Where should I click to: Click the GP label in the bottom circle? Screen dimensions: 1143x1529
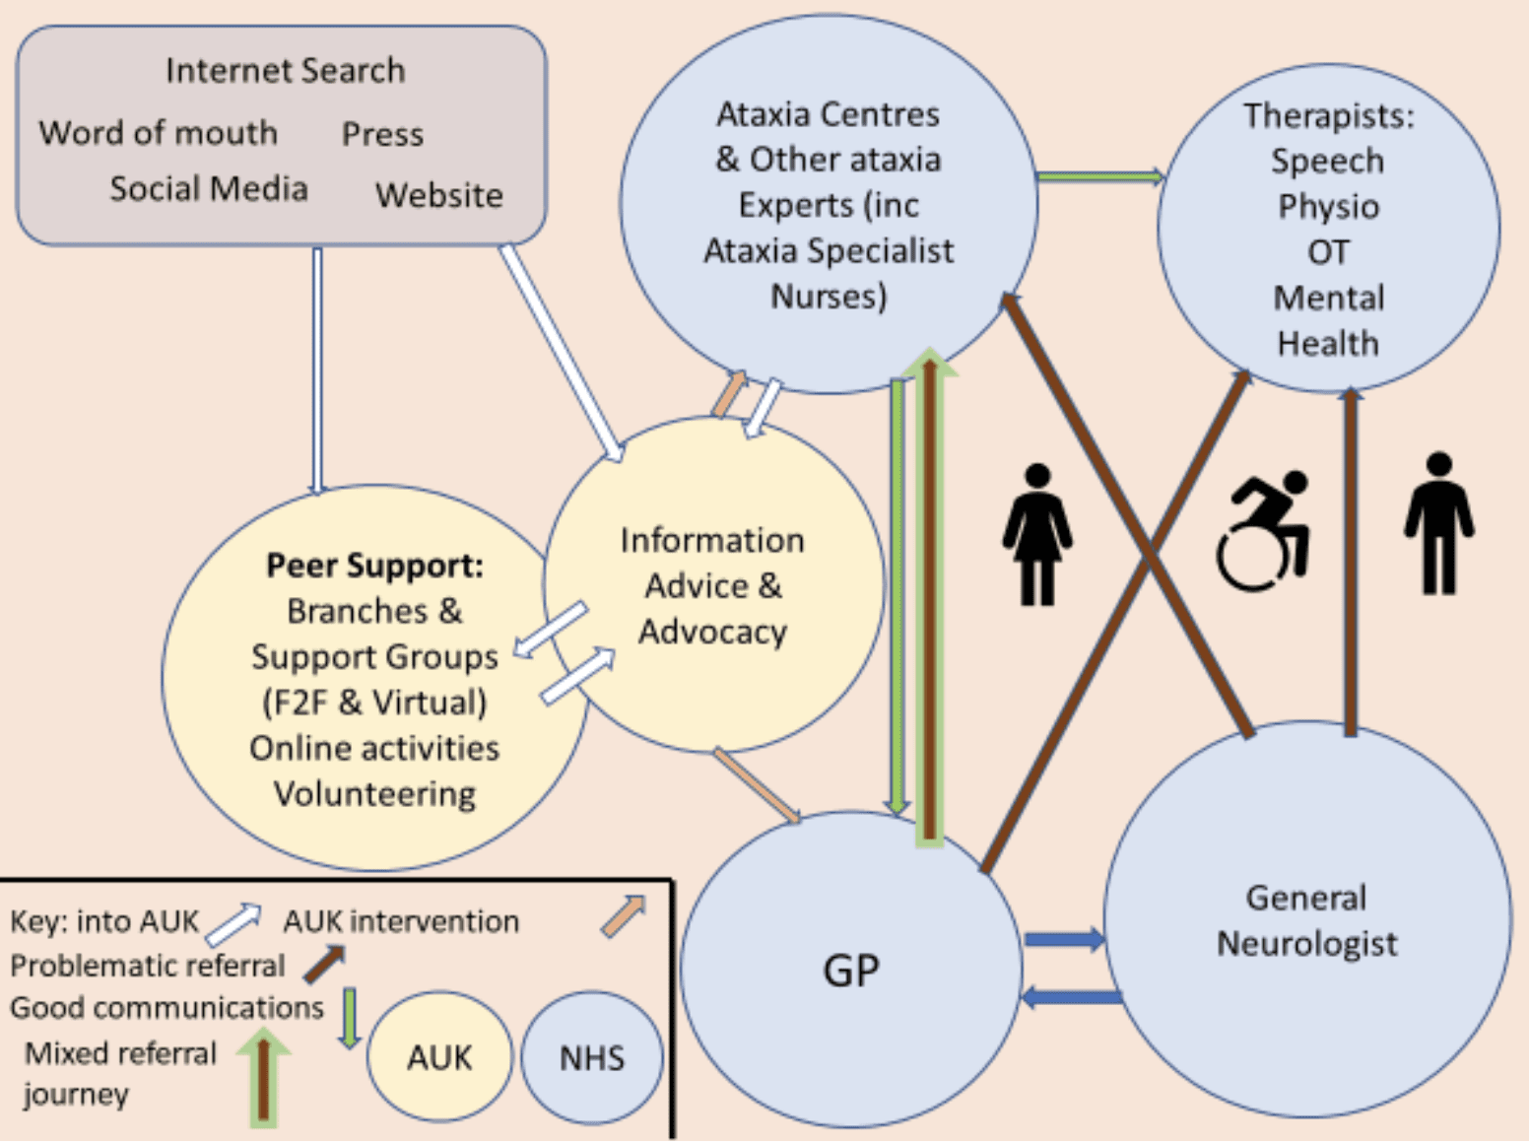[x=850, y=972]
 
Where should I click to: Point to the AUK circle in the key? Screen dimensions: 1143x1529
[x=439, y=1058]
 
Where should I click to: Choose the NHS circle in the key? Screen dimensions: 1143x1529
[x=591, y=1058]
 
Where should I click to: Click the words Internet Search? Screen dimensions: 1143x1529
[x=285, y=71]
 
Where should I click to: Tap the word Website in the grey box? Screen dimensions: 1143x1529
[x=438, y=195]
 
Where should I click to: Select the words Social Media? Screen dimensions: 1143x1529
[x=209, y=188]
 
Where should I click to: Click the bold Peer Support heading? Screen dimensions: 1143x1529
[x=374, y=566]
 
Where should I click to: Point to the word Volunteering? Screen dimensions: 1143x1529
[x=374, y=794]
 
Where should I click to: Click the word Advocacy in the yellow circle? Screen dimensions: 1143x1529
[x=712, y=632]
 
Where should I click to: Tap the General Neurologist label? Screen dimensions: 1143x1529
[x=1306, y=920]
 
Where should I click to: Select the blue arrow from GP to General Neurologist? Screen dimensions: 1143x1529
[x=1064, y=939]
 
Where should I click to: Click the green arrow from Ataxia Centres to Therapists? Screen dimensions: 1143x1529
[x=1099, y=177]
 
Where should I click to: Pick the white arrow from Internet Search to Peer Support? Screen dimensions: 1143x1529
[x=317, y=370]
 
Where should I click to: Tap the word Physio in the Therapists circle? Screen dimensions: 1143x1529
[x=1328, y=207]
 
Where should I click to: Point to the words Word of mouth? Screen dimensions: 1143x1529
[x=158, y=133]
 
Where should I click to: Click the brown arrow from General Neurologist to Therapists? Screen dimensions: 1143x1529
[x=1350, y=562]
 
